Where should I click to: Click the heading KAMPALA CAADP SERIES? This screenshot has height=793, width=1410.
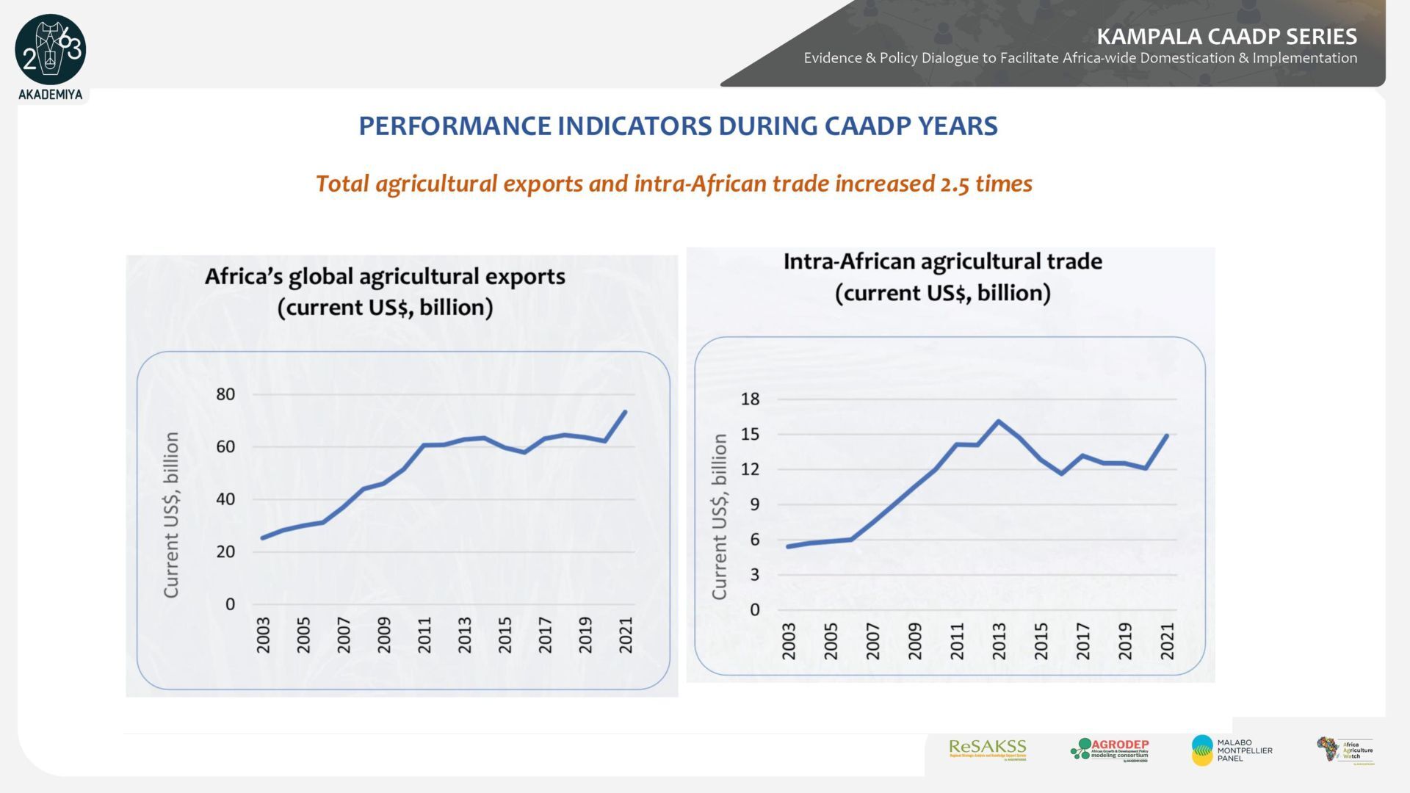click(x=1226, y=36)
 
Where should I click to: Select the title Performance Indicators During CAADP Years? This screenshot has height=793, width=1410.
click(x=678, y=126)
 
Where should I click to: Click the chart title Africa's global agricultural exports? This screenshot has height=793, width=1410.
click(x=385, y=277)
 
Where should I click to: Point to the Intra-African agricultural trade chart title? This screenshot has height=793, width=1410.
click(x=942, y=261)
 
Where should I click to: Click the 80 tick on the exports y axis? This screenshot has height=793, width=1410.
click(x=225, y=394)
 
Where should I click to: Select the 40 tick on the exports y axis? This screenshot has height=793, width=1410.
click(x=225, y=499)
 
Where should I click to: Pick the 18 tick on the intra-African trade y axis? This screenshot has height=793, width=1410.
click(x=750, y=399)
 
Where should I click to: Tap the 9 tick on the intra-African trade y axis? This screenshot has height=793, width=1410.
click(x=754, y=504)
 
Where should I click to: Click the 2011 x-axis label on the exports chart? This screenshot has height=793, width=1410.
click(x=424, y=634)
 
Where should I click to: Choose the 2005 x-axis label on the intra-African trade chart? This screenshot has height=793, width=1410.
click(x=831, y=640)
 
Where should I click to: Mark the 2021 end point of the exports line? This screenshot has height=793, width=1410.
click(x=625, y=412)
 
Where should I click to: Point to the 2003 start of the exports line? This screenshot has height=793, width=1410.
click(x=263, y=538)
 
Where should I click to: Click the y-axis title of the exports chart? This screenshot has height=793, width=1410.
click(x=171, y=514)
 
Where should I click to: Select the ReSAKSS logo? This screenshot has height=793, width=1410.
click(x=987, y=749)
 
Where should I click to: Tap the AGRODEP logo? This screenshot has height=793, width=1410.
click(x=1110, y=750)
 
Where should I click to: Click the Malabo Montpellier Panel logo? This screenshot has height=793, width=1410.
click(x=1232, y=750)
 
